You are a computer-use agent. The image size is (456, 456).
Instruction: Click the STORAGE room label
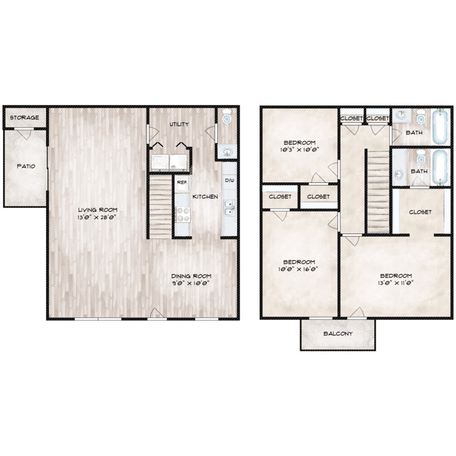pos(24,117)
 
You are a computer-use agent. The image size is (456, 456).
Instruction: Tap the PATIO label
pos(26,166)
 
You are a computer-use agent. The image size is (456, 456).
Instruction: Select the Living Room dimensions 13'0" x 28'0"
pos(97,217)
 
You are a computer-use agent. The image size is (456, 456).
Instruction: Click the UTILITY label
pos(179,124)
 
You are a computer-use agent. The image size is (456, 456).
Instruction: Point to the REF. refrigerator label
pos(182,182)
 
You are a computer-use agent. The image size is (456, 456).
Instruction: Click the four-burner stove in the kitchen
pos(183,215)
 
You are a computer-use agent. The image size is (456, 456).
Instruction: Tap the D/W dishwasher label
pos(229,181)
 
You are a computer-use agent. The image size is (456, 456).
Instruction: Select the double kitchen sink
pos(230,208)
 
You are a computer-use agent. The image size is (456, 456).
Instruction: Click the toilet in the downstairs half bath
pos(227,116)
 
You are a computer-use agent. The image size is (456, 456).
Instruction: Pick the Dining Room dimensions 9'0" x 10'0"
pos(191,283)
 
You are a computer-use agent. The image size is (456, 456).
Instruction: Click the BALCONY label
pos(338,334)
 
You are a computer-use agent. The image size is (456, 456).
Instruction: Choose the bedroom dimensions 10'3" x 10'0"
pos(300,150)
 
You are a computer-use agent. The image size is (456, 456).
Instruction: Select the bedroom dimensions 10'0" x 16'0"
pos(299,269)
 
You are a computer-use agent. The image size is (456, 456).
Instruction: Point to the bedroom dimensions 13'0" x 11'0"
pos(396,283)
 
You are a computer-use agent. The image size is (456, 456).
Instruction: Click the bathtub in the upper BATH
pos(440,127)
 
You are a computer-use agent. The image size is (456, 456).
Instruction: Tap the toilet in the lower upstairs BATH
pos(421,157)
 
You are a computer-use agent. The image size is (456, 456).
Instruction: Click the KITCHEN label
pos(206,196)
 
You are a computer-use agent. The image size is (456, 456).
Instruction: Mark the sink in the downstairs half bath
pos(227,152)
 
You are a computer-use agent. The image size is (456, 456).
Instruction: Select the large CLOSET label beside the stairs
pos(420,212)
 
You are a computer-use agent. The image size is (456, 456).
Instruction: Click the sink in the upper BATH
pos(402,116)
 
